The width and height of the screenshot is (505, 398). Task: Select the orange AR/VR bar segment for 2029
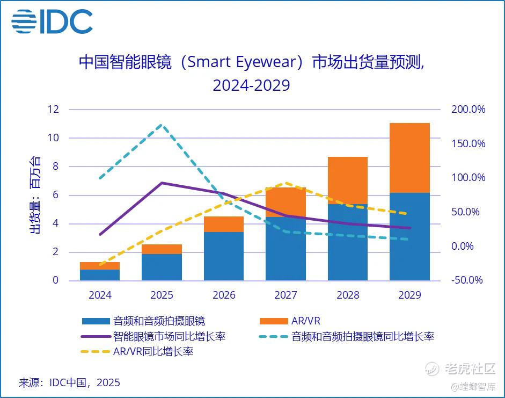click(409, 158)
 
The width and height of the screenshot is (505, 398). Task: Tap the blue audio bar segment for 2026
click(224, 256)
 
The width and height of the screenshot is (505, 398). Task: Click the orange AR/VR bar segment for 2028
click(348, 180)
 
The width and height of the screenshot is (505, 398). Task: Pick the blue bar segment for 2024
click(100, 275)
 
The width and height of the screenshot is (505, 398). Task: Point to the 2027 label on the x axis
click(286, 295)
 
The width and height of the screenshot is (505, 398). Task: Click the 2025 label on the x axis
click(162, 295)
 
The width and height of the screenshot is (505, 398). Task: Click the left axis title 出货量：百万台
click(35, 195)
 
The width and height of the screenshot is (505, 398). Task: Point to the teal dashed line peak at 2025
click(162, 125)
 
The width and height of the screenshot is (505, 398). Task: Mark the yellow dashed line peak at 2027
click(286, 183)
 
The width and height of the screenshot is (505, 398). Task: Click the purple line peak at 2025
click(162, 183)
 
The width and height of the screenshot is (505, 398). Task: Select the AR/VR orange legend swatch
click(274, 321)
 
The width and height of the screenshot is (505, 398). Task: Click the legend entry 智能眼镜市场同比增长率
click(169, 337)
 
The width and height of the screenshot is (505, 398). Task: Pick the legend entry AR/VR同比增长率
click(153, 352)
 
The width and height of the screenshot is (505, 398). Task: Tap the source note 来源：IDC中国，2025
click(69, 382)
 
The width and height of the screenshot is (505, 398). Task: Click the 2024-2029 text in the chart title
click(251, 85)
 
